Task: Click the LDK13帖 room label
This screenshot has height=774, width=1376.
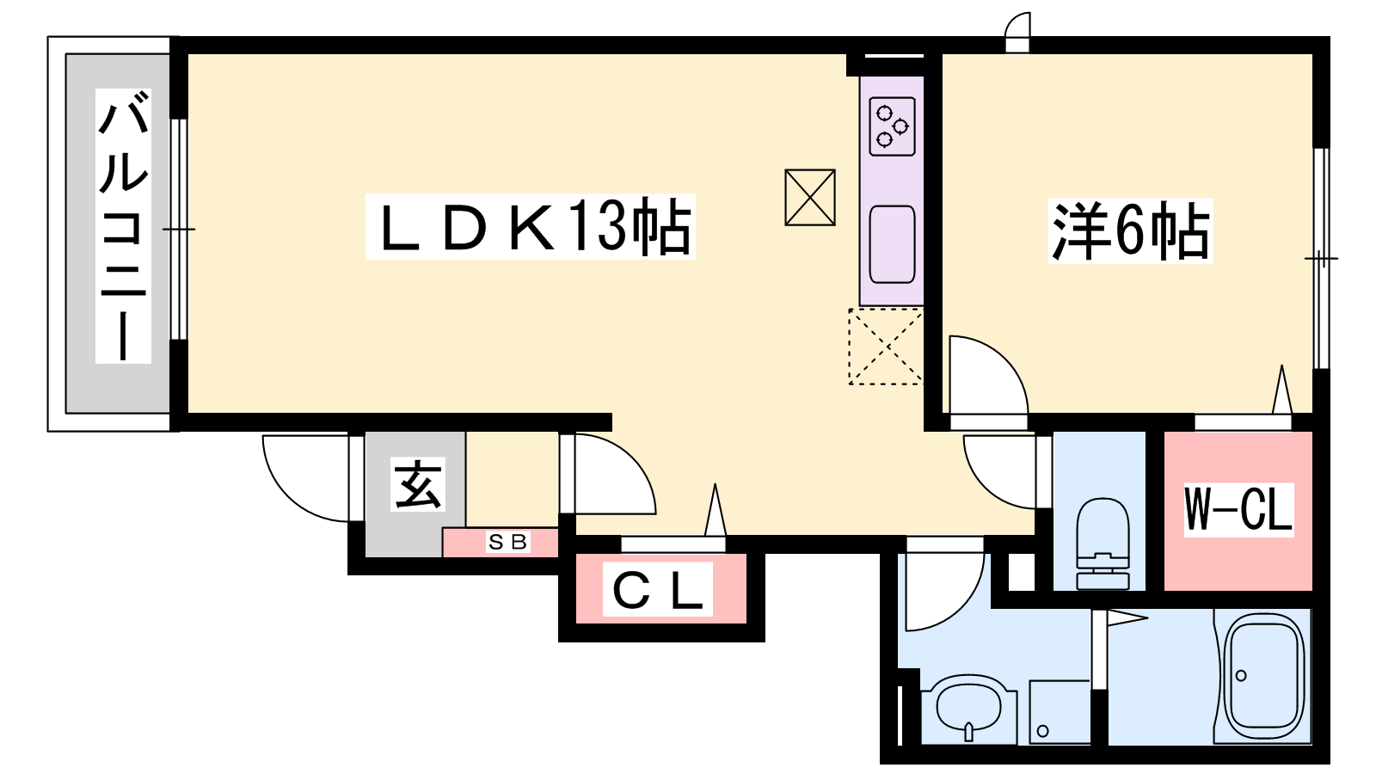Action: pyautogui.click(x=530, y=227)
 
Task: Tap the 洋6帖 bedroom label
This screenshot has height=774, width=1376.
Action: pyautogui.click(x=1131, y=231)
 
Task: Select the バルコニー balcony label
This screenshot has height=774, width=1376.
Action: pyautogui.click(x=124, y=225)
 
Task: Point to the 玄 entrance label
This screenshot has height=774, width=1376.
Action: pyautogui.click(x=418, y=485)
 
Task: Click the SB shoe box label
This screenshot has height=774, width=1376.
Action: pyautogui.click(x=508, y=542)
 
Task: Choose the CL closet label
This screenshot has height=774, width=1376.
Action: pyautogui.click(x=658, y=590)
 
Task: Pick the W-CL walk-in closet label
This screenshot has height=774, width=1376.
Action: pyautogui.click(x=1239, y=510)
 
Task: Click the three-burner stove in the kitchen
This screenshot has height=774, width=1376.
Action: pyautogui.click(x=893, y=126)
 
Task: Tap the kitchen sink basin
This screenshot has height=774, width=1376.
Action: pyautogui.click(x=893, y=244)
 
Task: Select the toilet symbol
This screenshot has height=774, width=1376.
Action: pyautogui.click(x=1103, y=544)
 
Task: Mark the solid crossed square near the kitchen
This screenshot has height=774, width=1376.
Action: pyautogui.click(x=810, y=198)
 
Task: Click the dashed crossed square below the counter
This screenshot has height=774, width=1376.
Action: pyautogui.click(x=886, y=347)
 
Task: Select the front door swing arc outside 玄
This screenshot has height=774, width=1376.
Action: pyautogui.click(x=305, y=478)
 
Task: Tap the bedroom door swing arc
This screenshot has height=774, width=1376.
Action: pyautogui.click(x=988, y=375)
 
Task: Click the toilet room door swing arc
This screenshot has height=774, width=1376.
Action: pyautogui.click(x=1000, y=472)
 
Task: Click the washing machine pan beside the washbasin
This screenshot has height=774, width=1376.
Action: pyautogui.click(x=1059, y=711)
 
